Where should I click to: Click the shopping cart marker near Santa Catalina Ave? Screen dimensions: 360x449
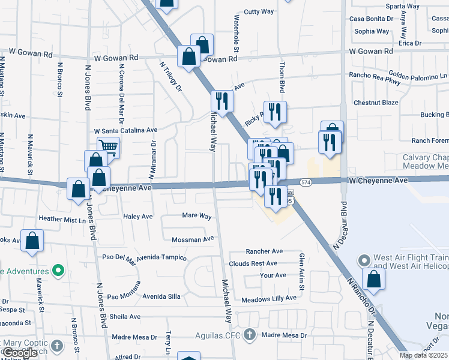click(108, 147)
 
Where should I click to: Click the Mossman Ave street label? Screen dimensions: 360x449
click(193, 239)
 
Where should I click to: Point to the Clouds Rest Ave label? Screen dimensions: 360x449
click(253, 263)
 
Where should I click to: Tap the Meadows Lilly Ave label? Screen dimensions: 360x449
click(269, 298)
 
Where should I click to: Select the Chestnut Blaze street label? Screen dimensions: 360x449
click(376, 103)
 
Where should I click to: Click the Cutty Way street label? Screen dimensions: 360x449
click(259, 11)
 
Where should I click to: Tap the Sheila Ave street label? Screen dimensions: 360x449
click(125, 317)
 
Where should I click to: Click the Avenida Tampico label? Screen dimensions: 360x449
click(161, 257)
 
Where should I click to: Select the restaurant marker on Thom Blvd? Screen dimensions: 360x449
click(275, 111)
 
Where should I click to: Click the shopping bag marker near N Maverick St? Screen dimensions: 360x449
click(32, 241)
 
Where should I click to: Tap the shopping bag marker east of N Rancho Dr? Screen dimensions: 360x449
click(374, 279)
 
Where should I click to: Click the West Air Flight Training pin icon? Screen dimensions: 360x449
click(363, 261)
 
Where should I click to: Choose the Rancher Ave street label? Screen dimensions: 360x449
click(264, 251)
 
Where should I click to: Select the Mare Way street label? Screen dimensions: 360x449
click(197, 215)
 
